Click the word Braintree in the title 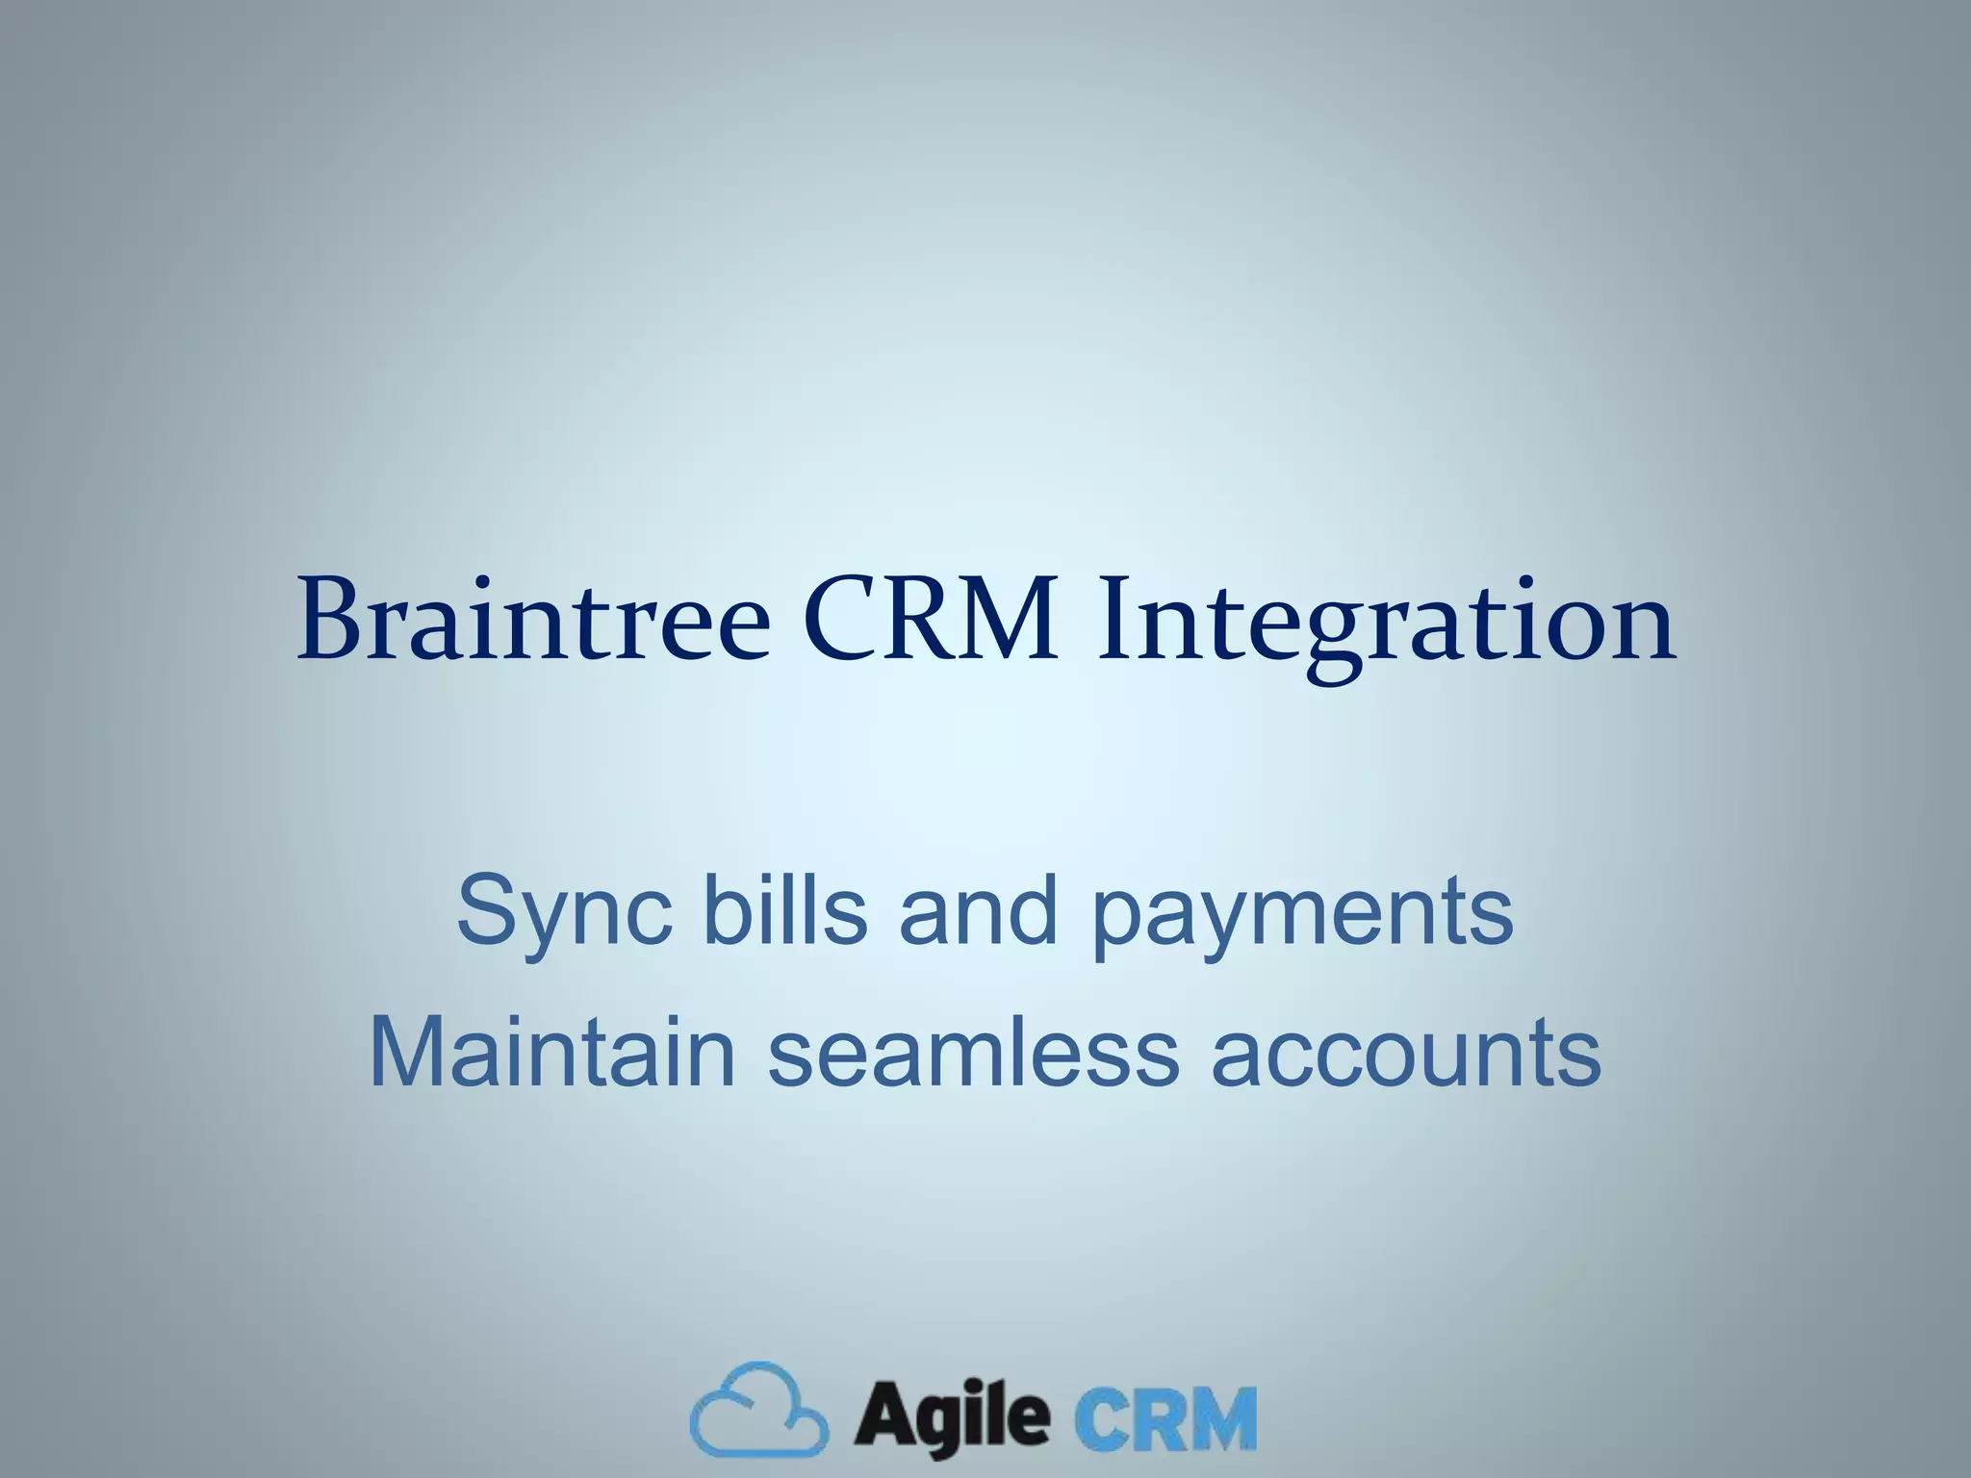click(x=534, y=621)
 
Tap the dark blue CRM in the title click(x=930, y=621)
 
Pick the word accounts click(x=1405, y=1054)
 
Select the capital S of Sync click(x=485, y=909)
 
